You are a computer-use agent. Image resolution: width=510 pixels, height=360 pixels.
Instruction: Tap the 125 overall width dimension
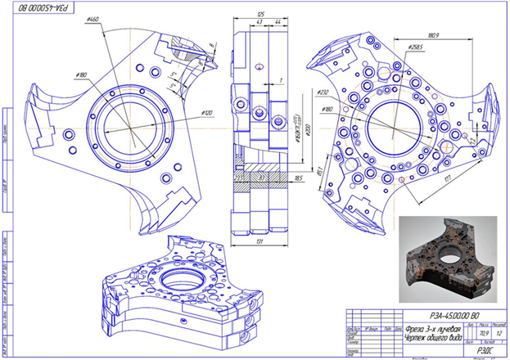tap(260, 15)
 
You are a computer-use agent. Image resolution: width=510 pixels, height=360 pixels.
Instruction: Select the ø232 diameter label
tap(323, 93)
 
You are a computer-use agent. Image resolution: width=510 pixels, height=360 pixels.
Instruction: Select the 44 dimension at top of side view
tap(278, 23)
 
